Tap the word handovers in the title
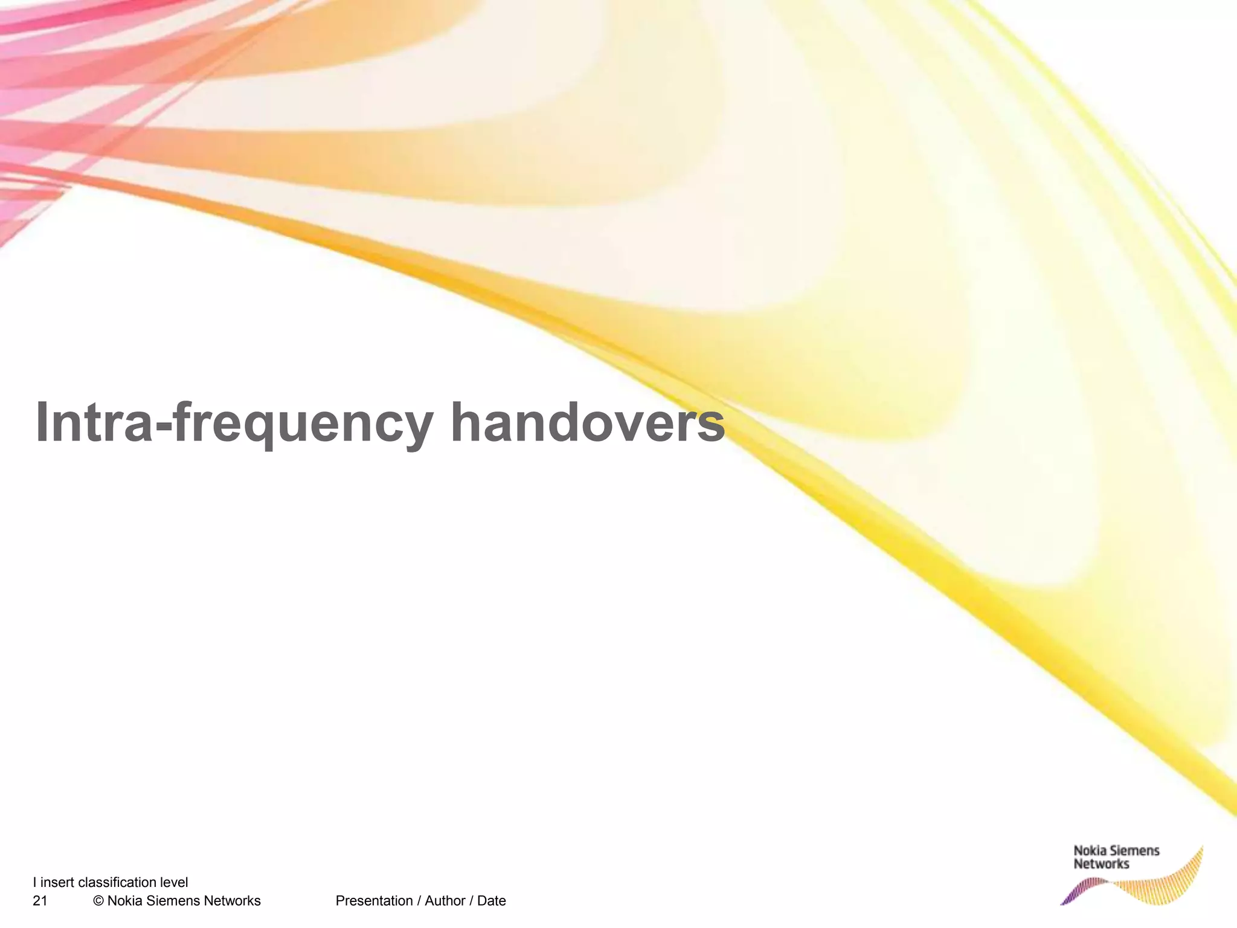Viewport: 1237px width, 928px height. [x=587, y=422]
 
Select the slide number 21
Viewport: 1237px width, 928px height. [x=40, y=901]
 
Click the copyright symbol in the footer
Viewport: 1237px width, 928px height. [x=98, y=901]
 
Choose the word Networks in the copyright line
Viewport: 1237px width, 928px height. [x=232, y=901]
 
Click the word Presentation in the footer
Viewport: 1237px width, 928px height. [x=374, y=901]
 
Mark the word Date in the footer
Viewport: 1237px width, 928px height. [x=492, y=901]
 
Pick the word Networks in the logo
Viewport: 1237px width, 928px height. [x=1101, y=865]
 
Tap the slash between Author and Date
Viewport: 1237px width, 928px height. [x=471, y=901]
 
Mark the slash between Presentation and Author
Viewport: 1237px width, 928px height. [x=419, y=901]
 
